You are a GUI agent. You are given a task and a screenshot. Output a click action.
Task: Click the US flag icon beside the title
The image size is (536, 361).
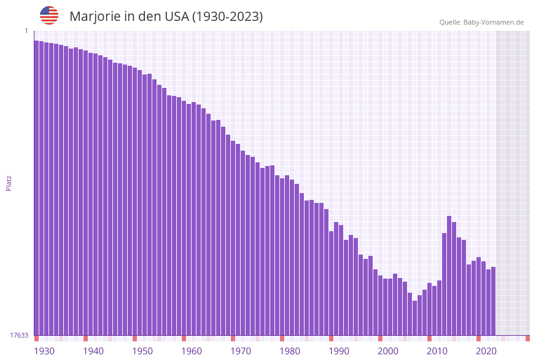(x=49, y=15)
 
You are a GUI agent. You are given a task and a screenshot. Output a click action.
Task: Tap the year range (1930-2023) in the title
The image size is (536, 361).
(x=227, y=17)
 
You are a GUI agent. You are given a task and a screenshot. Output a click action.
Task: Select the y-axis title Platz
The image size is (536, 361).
(x=9, y=183)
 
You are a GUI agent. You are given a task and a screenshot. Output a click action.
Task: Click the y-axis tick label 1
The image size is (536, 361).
(x=26, y=31)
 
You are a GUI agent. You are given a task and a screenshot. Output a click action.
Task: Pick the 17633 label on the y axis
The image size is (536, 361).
(x=19, y=335)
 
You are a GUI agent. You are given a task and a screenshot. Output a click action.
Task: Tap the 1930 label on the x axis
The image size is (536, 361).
(x=44, y=351)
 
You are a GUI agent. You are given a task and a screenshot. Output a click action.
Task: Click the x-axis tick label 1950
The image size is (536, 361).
(x=142, y=351)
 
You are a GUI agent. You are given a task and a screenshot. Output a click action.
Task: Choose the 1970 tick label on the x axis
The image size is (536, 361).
(x=241, y=351)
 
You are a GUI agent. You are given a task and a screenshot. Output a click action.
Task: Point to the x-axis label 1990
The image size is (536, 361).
(x=339, y=351)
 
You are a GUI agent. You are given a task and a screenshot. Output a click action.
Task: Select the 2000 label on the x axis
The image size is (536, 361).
(x=388, y=351)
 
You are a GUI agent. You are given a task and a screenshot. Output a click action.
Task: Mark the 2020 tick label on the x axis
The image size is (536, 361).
(x=486, y=351)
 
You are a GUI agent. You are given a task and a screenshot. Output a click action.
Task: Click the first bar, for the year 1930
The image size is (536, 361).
(x=36, y=184)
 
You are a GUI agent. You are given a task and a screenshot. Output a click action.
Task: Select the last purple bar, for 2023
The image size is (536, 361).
(x=493, y=301)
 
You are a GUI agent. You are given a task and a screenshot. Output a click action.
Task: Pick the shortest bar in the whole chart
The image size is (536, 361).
(x=414, y=318)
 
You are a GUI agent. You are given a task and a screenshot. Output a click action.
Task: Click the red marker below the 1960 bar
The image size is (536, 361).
(x=184, y=338)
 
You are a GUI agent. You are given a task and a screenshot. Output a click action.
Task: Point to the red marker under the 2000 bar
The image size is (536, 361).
(x=380, y=338)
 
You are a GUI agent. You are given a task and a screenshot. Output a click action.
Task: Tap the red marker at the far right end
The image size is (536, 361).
(x=527, y=338)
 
